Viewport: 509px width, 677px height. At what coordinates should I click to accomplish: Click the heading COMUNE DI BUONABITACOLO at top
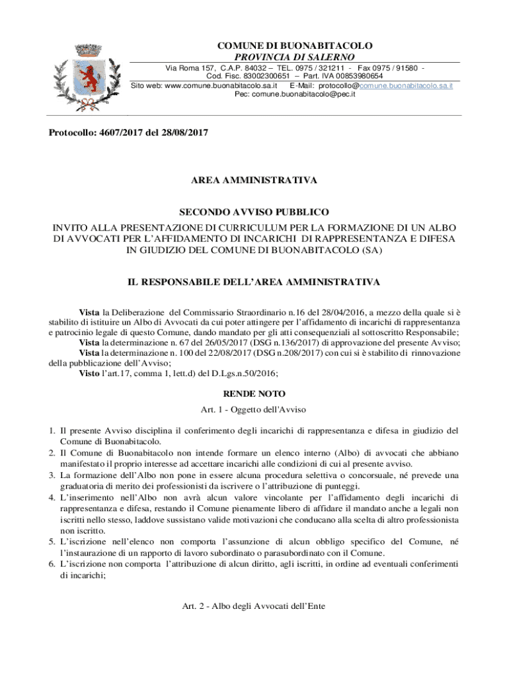pos(295,46)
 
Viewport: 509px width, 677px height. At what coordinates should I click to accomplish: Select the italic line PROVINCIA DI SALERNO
pos(295,57)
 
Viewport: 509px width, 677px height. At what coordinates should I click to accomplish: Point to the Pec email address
pos(295,95)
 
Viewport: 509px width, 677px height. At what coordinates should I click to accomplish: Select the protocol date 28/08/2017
pos(184,133)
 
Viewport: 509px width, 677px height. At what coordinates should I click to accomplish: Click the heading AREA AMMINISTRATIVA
pos(255,180)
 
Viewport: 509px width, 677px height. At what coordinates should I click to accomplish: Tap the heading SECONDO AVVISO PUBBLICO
pos(255,212)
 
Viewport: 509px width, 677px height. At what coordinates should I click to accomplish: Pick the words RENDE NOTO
pos(255,393)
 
